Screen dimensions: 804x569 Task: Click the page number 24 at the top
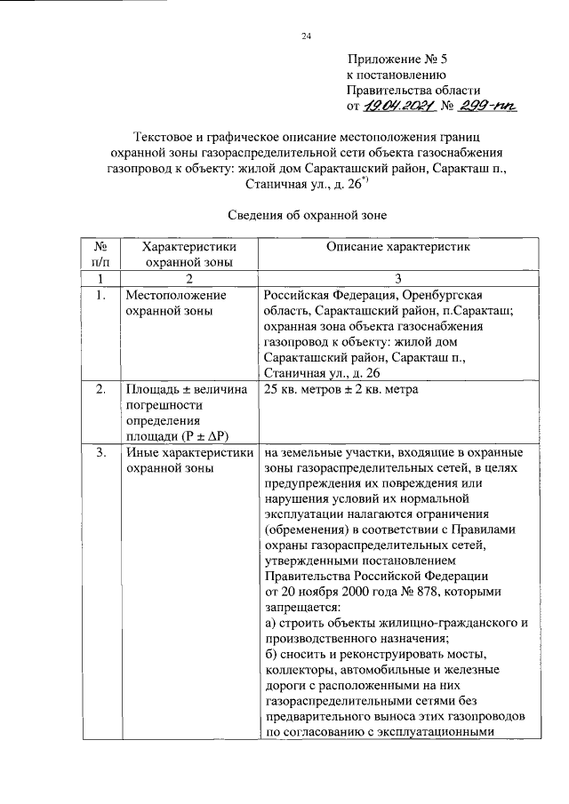[307, 36]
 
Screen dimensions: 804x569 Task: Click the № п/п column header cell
[100, 254]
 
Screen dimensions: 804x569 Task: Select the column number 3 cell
[398, 279]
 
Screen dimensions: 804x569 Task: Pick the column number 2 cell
[188, 279]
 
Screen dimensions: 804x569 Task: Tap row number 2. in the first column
[100, 389]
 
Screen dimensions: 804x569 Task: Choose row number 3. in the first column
[100, 454]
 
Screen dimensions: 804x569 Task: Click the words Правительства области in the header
[413, 91]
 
